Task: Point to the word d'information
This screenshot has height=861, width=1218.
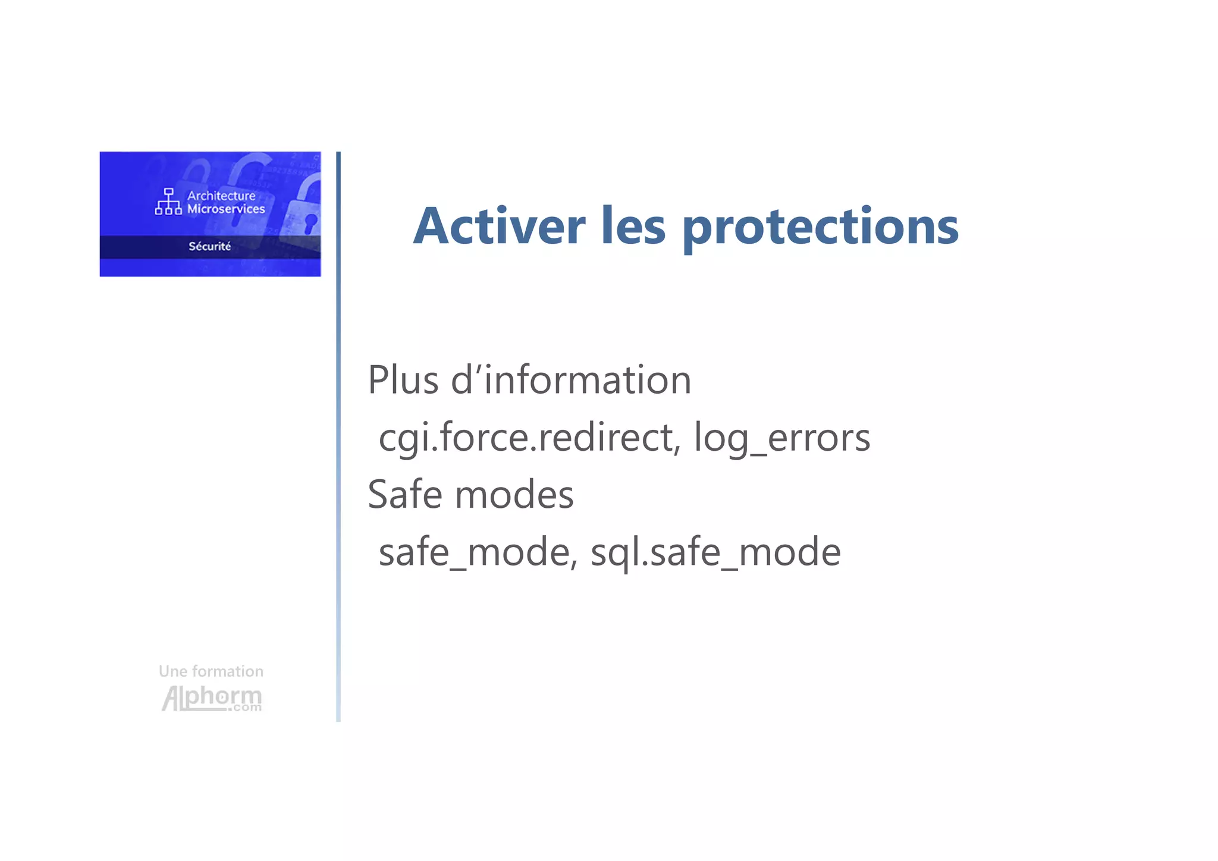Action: tap(571, 380)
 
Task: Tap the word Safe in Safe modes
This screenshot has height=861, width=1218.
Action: tap(405, 495)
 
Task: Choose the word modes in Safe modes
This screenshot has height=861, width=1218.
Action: tap(514, 495)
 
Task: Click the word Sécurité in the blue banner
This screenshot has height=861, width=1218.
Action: tap(209, 246)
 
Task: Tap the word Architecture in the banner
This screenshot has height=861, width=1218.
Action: tap(221, 196)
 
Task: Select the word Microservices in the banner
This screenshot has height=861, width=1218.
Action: tap(226, 209)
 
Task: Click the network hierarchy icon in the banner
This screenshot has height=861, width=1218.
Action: tap(168, 202)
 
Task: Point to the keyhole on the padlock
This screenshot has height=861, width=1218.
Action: tap(310, 224)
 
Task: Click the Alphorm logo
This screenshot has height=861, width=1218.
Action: tap(211, 698)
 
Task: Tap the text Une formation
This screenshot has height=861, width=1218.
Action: tap(211, 671)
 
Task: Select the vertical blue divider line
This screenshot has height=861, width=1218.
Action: tap(338, 436)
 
